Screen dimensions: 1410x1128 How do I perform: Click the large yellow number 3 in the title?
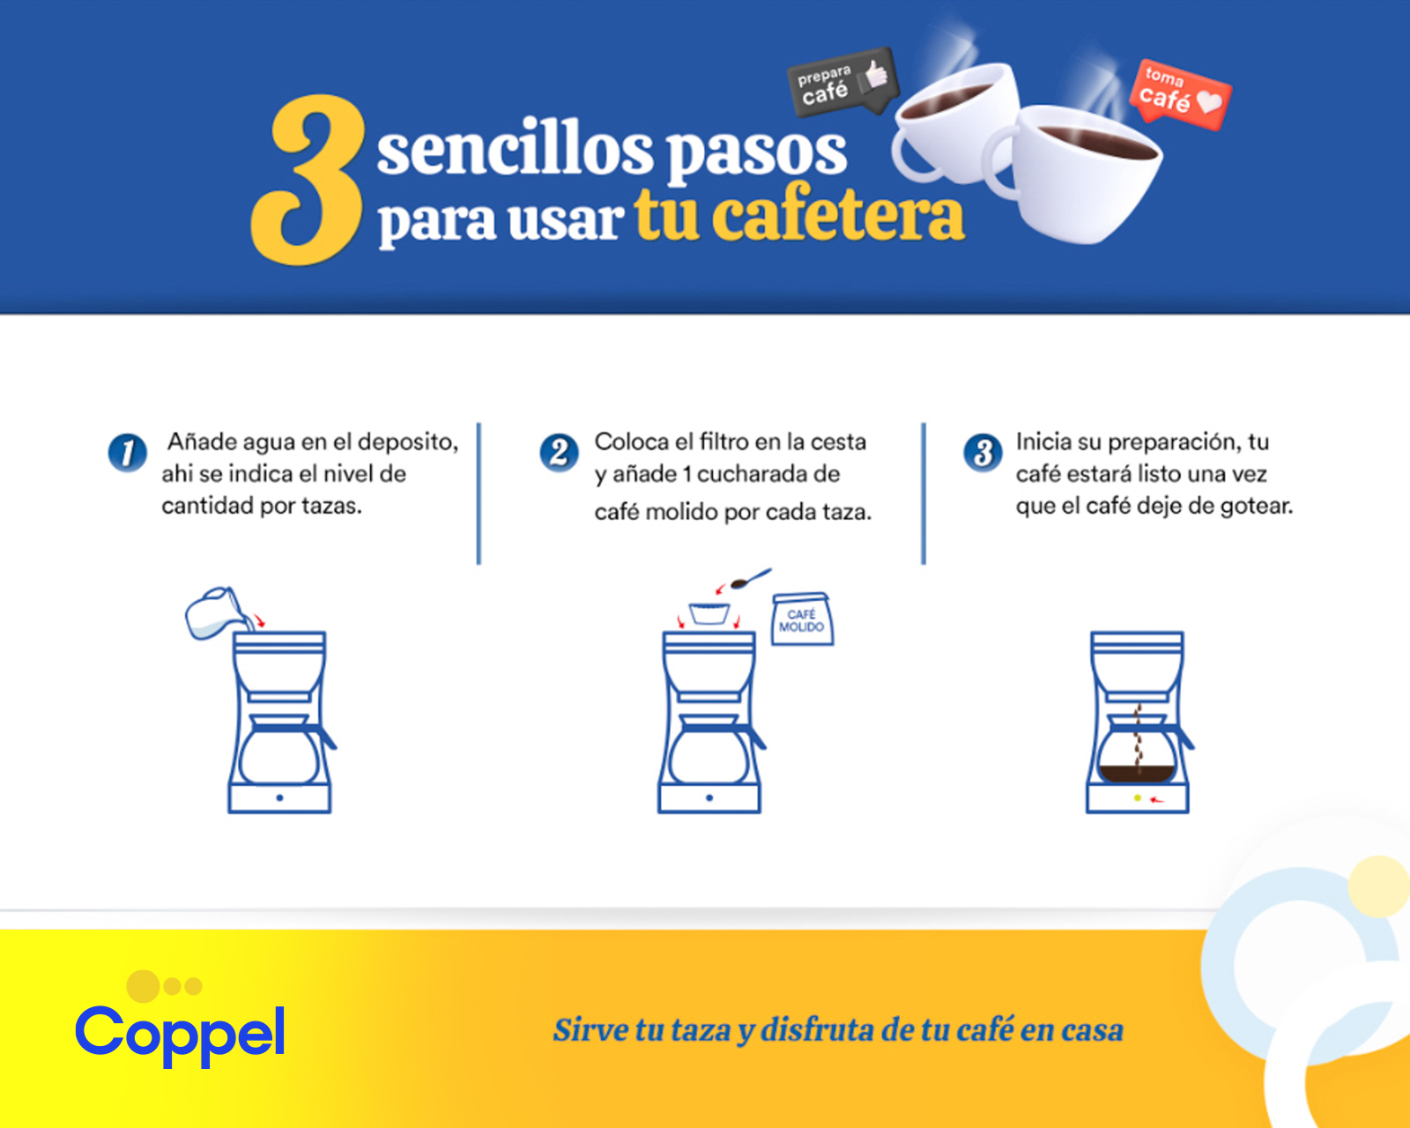pos(308,181)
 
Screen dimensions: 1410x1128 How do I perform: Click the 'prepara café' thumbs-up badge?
pos(842,83)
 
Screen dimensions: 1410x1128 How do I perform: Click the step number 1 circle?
pos(127,452)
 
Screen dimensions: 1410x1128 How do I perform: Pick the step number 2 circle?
pos(559,452)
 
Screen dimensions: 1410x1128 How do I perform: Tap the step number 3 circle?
pos(983,452)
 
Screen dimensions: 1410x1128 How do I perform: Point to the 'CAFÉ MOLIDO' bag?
pos(802,620)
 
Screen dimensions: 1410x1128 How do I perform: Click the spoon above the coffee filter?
pos(751,579)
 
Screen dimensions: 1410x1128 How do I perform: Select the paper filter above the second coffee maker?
pos(709,613)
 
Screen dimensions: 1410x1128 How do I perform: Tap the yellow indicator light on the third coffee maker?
pos(1138,798)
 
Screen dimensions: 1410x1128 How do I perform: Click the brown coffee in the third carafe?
pos(1137,773)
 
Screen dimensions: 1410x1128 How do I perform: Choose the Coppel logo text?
pos(180,1034)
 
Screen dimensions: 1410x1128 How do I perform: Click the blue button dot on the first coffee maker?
pos(279,798)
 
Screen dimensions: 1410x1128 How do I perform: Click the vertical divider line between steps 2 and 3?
pos(924,493)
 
